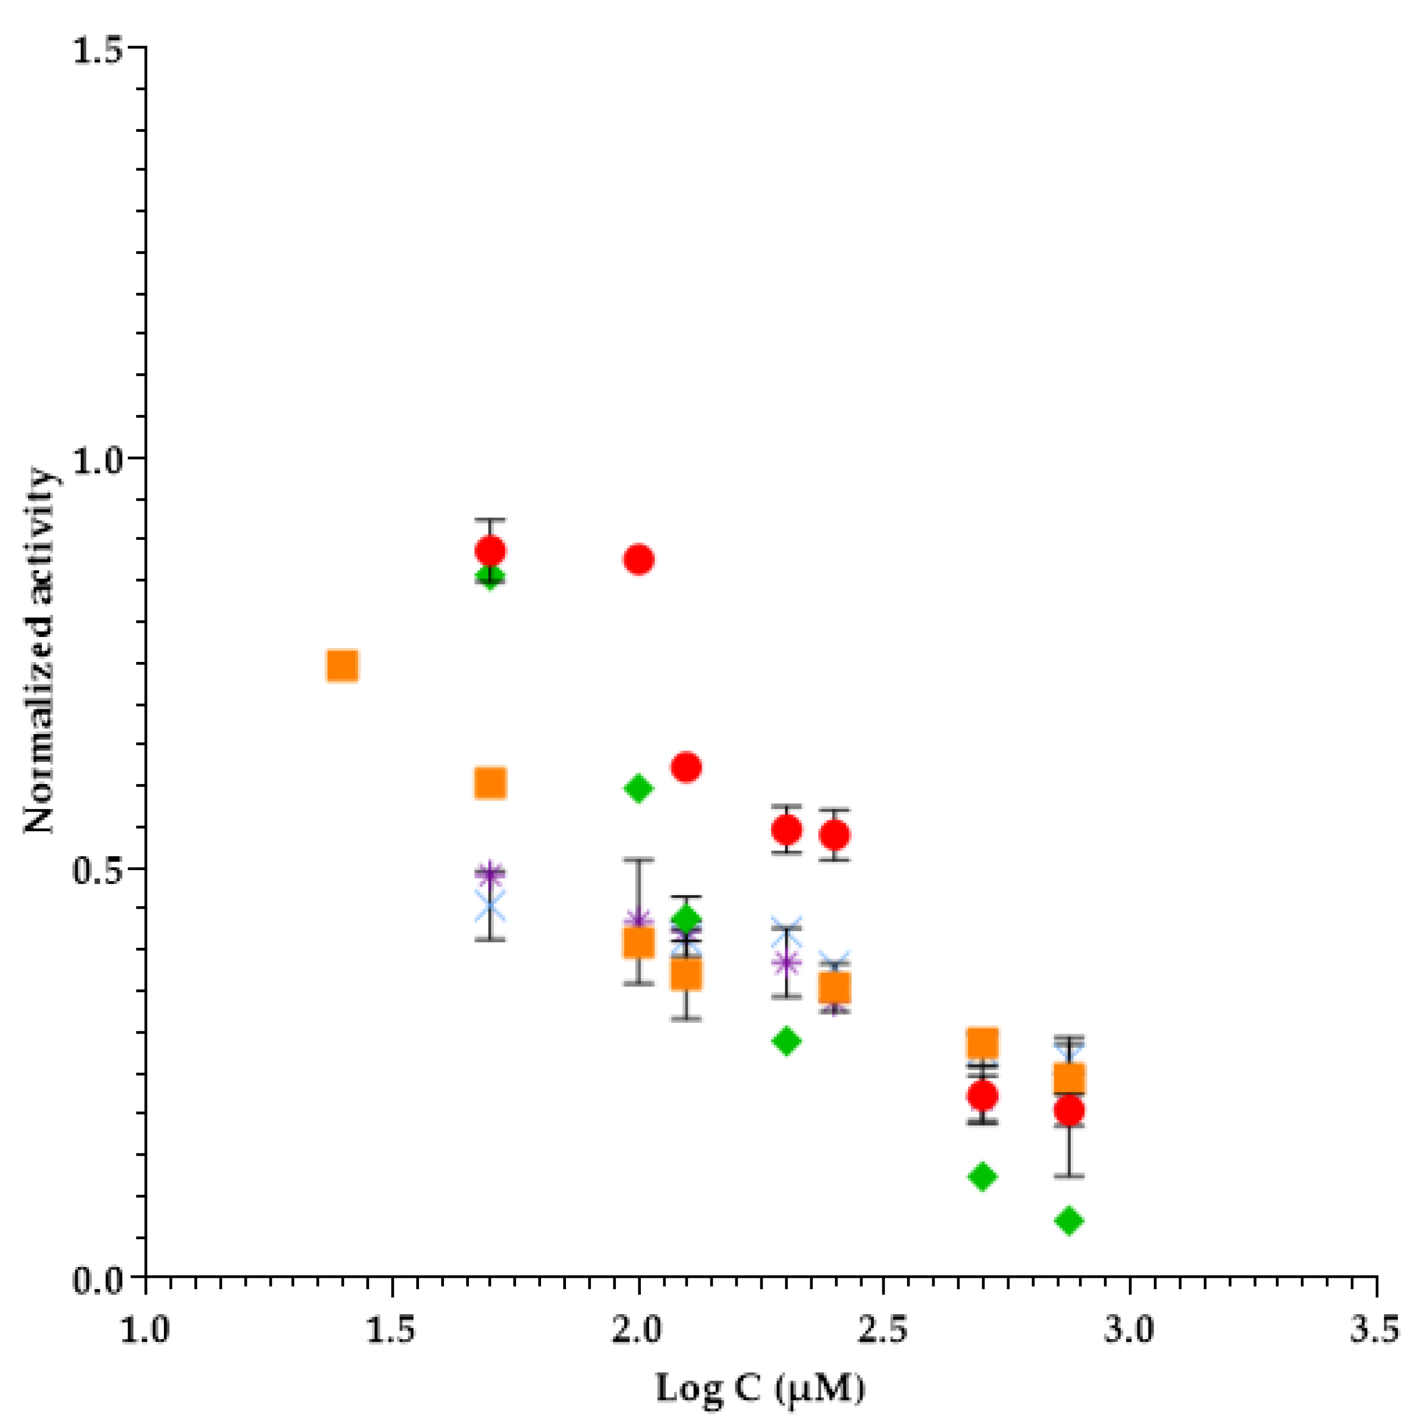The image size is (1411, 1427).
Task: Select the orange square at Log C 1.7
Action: [491, 783]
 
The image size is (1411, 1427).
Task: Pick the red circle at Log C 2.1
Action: [687, 767]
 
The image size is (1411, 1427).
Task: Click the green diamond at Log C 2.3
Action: [787, 1041]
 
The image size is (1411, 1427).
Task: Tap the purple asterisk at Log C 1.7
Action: [491, 874]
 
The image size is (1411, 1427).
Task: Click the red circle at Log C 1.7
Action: [491, 550]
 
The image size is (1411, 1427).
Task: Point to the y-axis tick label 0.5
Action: [102, 869]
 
